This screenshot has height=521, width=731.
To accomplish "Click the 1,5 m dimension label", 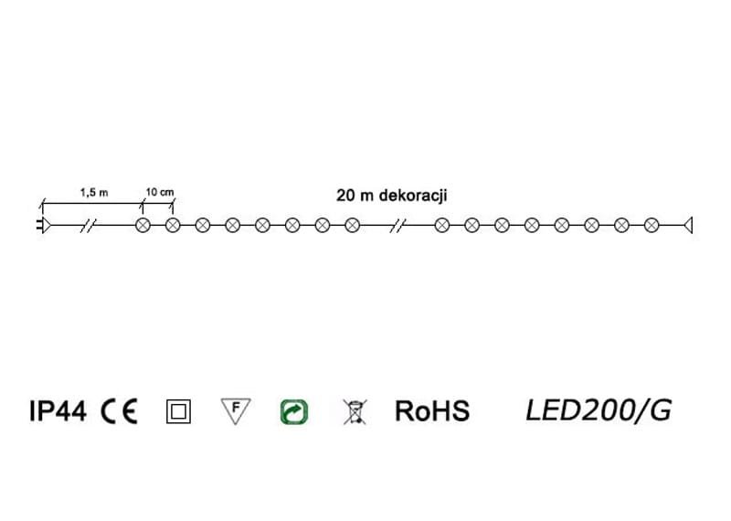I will pyautogui.click(x=94, y=192).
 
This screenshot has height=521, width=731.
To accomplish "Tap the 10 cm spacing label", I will pyautogui.click(x=159, y=192).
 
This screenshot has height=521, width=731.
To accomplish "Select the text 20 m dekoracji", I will pyautogui.click(x=392, y=195).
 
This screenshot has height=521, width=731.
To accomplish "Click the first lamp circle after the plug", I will pyautogui.click(x=143, y=225).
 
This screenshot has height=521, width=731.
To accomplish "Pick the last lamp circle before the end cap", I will pyautogui.click(x=652, y=225).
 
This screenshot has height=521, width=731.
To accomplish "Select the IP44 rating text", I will pyautogui.click(x=58, y=412).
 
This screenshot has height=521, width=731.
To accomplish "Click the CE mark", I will pyautogui.click(x=120, y=412).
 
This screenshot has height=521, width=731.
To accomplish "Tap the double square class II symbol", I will pyautogui.click(x=178, y=412).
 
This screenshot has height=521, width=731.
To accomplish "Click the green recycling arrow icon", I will pyautogui.click(x=294, y=412).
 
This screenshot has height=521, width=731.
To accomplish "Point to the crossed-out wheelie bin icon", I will pyautogui.click(x=352, y=412).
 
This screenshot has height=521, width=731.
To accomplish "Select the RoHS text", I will pyautogui.click(x=431, y=412).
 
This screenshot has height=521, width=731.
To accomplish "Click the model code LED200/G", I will pyautogui.click(x=599, y=411).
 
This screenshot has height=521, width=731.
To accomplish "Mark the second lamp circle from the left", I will pyautogui.click(x=173, y=225).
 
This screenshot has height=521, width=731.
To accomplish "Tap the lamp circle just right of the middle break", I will pyautogui.click(x=442, y=225).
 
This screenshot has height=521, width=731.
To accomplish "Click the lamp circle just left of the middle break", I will pyautogui.click(x=352, y=225).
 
